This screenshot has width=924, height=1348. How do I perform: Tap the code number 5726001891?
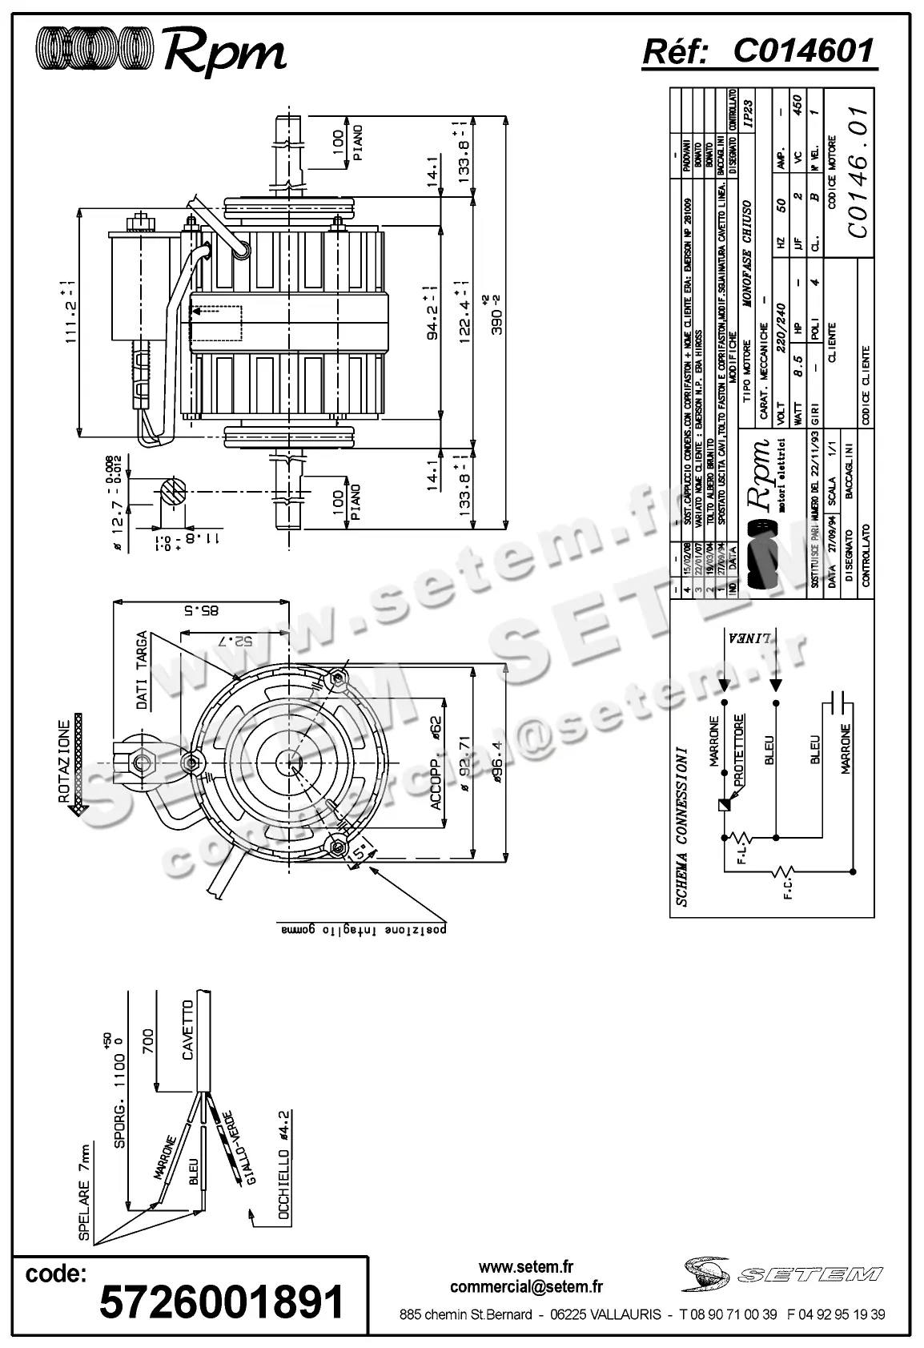(x=222, y=1302)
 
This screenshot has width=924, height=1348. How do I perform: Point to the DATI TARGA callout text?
(x=142, y=670)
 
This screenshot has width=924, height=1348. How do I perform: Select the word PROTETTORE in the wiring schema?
(x=741, y=750)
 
